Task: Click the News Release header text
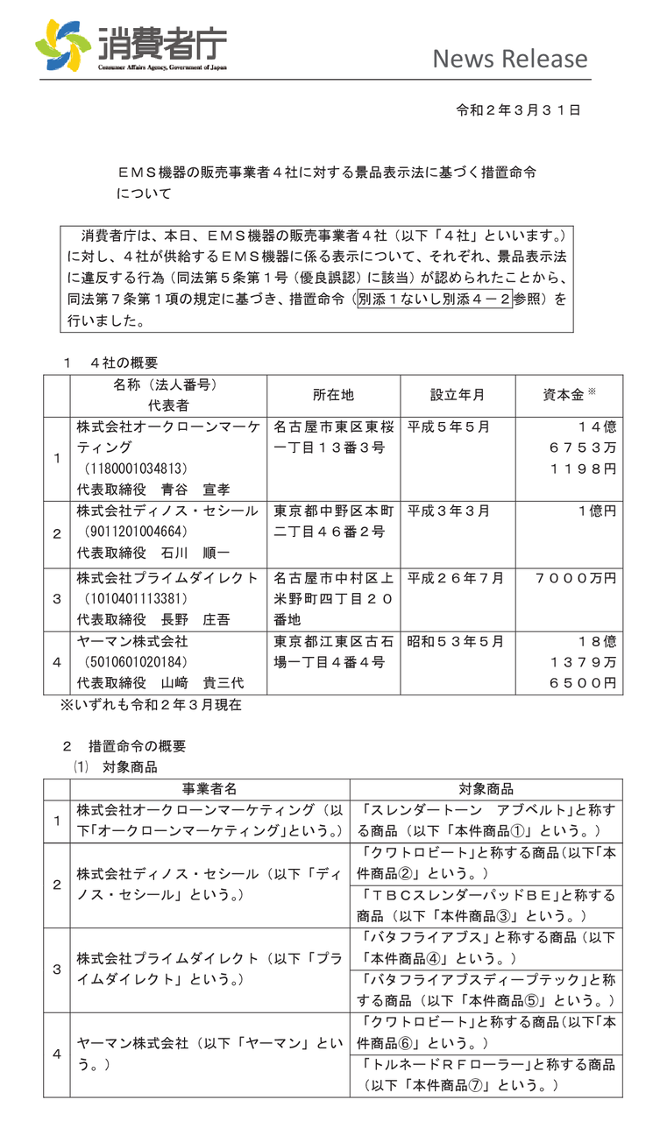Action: coord(509,59)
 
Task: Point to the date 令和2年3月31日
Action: coord(519,110)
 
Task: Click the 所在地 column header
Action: coord(333,395)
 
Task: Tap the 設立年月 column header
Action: coord(457,395)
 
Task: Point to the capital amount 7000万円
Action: coord(575,578)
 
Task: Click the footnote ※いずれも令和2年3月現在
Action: coord(150,703)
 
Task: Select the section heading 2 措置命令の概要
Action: coord(124,746)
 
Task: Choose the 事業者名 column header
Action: coord(208,788)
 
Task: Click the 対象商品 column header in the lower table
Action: coord(486,788)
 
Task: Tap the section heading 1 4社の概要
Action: coord(111,363)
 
